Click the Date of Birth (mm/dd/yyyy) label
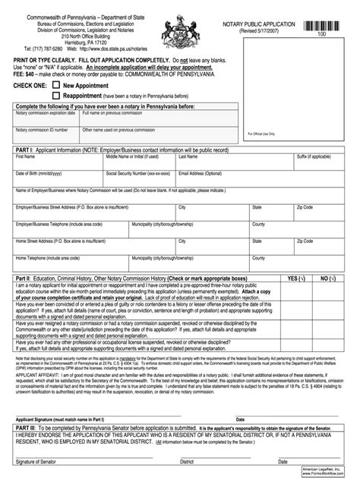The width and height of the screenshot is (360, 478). pyautogui.click(x=36, y=173)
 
